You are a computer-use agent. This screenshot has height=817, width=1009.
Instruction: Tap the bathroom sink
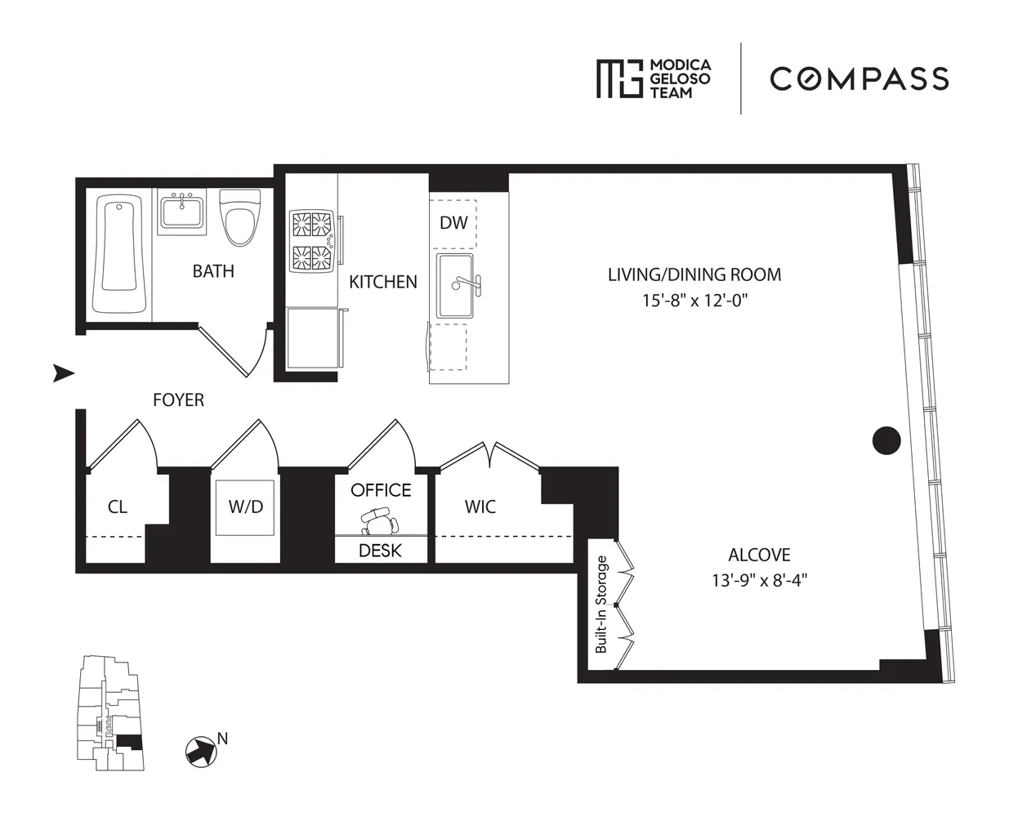181,212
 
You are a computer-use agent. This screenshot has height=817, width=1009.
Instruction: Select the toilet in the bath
240,217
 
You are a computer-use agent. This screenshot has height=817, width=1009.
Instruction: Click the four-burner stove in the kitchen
312,242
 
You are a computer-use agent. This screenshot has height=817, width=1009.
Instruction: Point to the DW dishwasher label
453,222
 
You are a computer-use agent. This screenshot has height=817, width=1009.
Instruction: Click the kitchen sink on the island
456,286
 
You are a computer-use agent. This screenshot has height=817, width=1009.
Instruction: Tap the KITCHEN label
382,282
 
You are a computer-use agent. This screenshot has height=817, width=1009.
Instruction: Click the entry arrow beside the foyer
64,373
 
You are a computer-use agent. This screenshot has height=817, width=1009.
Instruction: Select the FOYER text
178,400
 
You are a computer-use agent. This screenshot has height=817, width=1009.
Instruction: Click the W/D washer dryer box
245,507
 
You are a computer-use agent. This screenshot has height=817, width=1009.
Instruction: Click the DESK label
380,551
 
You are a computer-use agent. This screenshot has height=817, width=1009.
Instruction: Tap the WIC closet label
480,507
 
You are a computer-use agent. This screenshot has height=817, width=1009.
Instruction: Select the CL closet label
117,507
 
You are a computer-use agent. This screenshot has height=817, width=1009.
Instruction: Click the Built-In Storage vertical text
602,604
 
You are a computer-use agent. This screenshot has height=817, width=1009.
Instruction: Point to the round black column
886,440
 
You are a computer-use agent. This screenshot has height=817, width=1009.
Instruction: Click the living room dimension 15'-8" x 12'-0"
694,301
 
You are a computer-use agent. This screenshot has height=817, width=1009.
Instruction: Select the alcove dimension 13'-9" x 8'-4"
759,581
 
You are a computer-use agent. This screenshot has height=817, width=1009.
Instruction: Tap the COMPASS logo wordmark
859,78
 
